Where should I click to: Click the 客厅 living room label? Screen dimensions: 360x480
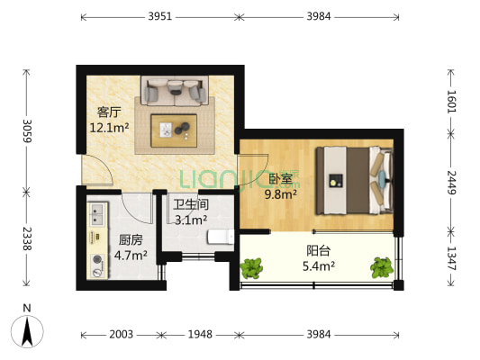(x=109, y=112)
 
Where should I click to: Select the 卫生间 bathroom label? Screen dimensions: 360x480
(x=190, y=204)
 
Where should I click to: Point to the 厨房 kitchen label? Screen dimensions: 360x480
(x=130, y=239)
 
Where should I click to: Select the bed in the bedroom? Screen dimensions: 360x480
(x=353, y=180)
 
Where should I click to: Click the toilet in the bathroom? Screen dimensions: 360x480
(x=219, y=237)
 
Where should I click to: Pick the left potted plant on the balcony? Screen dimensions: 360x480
(x=252, y=267)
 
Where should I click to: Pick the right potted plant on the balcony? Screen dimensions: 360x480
(x=382, y=266)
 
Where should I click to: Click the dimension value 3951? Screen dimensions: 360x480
(x=158, y=16)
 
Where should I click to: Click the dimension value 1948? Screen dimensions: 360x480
(x=199, y=335)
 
